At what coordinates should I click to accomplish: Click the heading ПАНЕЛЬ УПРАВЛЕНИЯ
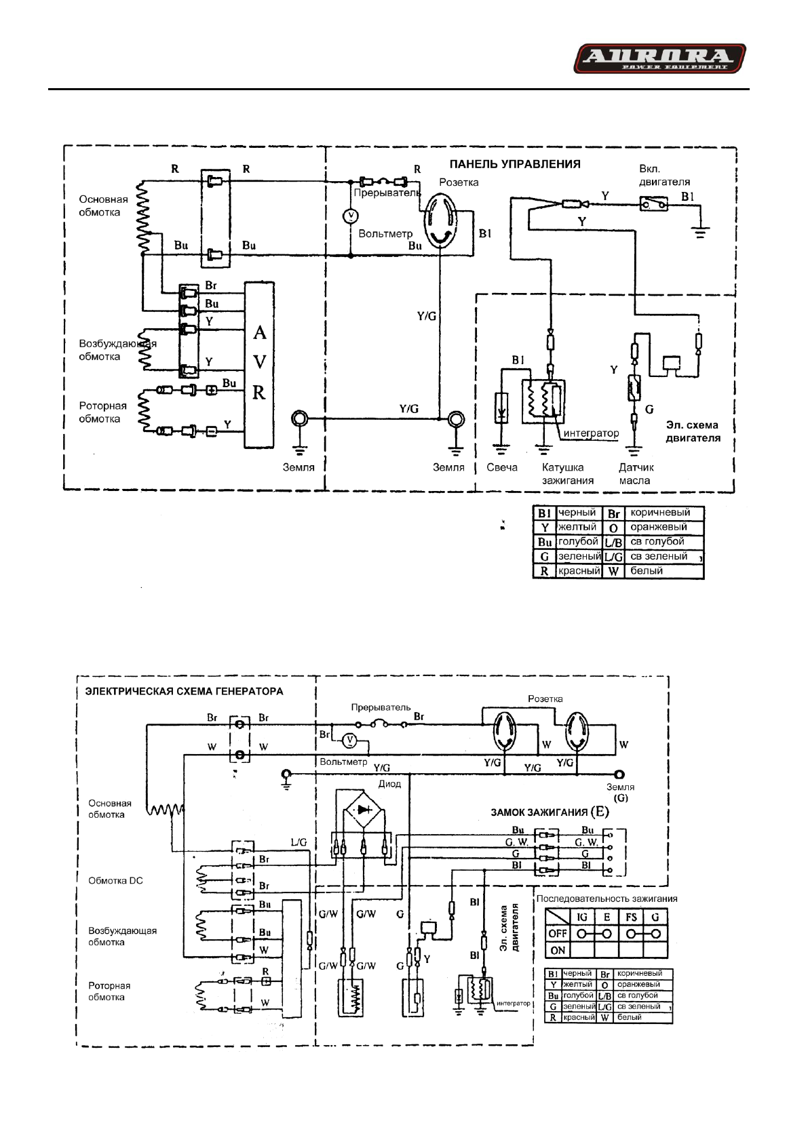click(x=516, y=163)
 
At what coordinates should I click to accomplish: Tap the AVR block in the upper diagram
click(x=259, y=363)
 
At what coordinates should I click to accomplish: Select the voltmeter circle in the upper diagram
click(x=350, y=216)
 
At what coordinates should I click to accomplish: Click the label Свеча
click(x=502, y=467)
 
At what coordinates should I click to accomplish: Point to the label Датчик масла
click(x=636, y=473)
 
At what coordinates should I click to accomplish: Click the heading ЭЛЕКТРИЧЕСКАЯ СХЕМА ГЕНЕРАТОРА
click(x=184, y=692)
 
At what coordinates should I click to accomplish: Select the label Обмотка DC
click(x=116, y=880)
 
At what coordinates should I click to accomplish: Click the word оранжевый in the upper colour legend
click(x=658, y=527)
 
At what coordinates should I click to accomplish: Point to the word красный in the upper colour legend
click(x=578, y=570)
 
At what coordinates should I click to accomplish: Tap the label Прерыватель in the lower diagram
click(x=381, y=707)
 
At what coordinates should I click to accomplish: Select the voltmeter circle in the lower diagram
click(x=349, y=739)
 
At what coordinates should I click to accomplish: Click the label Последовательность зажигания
click(x=607, y=899)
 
